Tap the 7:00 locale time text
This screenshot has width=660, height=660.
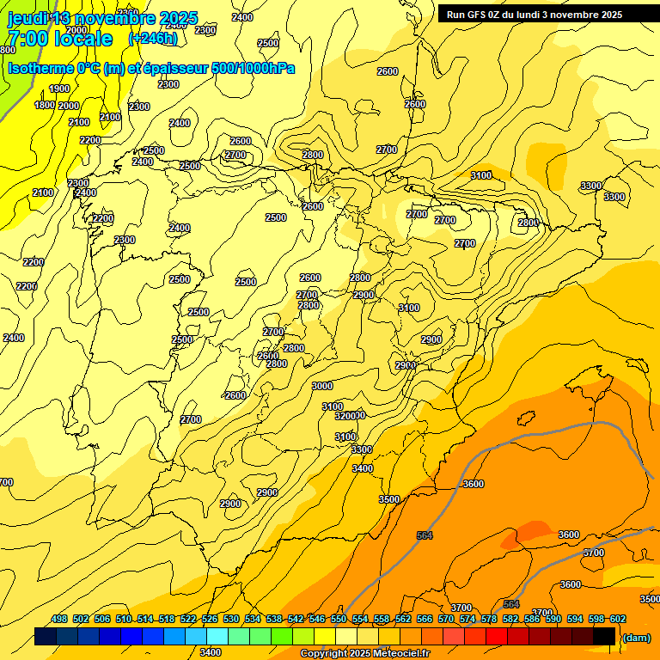pos(59,39)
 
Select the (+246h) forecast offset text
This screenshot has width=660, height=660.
pos(153,39)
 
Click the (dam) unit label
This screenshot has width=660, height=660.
pos(636,637)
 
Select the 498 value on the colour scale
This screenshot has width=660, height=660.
pos(59,620)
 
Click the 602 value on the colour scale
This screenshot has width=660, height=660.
pos(618,620)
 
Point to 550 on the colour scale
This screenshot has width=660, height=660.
pos(339,620)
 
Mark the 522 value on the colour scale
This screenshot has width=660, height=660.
pos(188,620)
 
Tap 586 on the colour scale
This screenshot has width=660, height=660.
pos(532,620)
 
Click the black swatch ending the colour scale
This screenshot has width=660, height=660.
pos(604,636)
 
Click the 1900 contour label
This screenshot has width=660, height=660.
pos(59,89)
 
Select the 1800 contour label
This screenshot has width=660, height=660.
pos(45,105)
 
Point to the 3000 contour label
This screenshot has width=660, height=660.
pos(322,386)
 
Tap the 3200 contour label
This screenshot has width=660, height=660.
pos(345,415)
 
